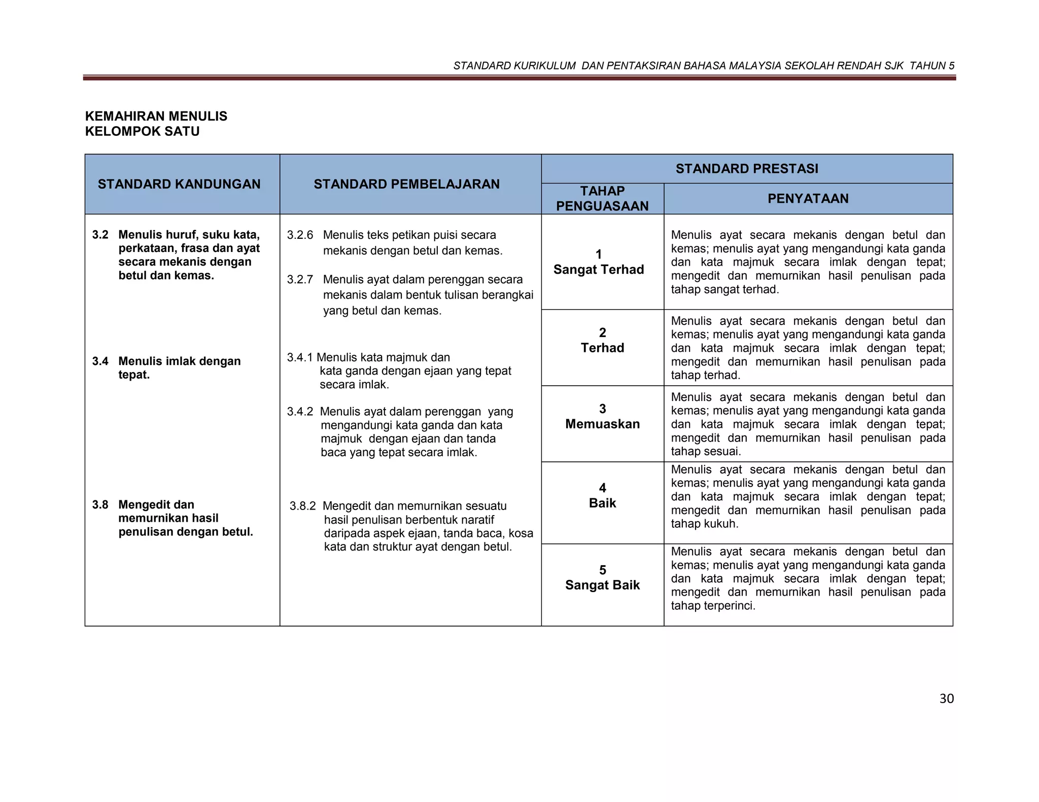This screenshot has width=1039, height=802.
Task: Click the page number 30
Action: [946, 699]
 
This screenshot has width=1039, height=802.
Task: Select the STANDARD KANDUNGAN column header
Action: [179, 184]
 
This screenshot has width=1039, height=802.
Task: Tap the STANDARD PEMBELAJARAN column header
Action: [406, 184]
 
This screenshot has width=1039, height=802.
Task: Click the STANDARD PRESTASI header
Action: [746, 169]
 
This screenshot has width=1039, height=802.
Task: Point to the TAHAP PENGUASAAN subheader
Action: [602, 198]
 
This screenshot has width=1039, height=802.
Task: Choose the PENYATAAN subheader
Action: [808, 198]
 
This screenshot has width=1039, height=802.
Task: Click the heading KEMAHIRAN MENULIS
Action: [156, 116]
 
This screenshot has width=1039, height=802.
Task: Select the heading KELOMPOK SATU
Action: [142, 131]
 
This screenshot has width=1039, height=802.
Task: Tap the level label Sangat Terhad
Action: [599, 269]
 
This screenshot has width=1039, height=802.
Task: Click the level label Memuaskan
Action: [602, 424]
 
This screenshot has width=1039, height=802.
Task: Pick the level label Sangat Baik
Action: [602, 585]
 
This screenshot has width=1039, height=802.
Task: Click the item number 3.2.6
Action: [300, 235]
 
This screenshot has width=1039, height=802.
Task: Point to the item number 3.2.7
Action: [300, 279]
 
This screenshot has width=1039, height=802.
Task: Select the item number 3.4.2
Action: [300, 412]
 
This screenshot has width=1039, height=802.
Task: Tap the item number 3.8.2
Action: [302, 506]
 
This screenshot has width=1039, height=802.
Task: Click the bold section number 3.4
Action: [100, 361]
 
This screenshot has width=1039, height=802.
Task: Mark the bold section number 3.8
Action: [100, 504]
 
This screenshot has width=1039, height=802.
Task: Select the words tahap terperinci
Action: [712, 606]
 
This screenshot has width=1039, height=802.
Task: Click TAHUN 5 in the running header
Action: [932, 65]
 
